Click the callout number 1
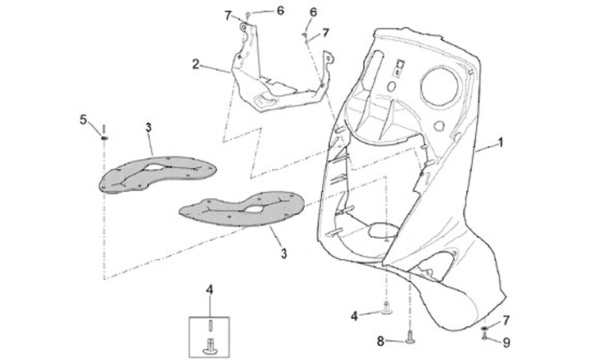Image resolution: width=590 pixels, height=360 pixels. tap(501, 141)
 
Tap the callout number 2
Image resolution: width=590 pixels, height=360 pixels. tap(196, 63)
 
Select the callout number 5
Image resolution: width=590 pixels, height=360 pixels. tap(83, 120)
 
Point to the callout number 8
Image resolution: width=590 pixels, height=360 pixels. tap(380, 339)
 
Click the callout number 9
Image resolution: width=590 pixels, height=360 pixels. tap(506, 342)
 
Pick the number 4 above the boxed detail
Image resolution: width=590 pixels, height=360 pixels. tap(209, 289)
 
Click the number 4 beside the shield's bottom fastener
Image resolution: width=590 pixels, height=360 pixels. tap(354, 315)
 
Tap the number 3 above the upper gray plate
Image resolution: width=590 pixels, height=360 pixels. tap(148, 126)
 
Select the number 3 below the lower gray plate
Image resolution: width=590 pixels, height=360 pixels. tap(284, 254)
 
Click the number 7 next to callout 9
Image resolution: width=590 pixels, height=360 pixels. tap(506, 320)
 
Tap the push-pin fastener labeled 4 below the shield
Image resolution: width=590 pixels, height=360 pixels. tap(384, 309)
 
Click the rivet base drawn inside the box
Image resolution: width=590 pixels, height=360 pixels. tap(209, 349)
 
